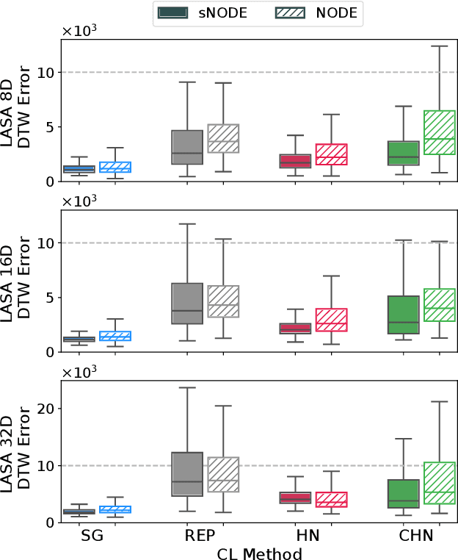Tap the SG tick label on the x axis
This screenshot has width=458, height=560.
[92, 536]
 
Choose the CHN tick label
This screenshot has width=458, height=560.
[417, 536]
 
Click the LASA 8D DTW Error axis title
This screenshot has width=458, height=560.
[16, 110]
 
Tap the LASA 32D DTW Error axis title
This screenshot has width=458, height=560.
[16, 451]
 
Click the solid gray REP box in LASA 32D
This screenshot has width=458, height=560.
[187, 474]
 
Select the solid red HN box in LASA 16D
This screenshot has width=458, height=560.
[296, 329]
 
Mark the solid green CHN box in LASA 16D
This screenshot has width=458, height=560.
[403, 315]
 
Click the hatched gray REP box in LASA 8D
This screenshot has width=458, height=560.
[224, 138]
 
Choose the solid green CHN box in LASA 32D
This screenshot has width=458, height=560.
[403, 494]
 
